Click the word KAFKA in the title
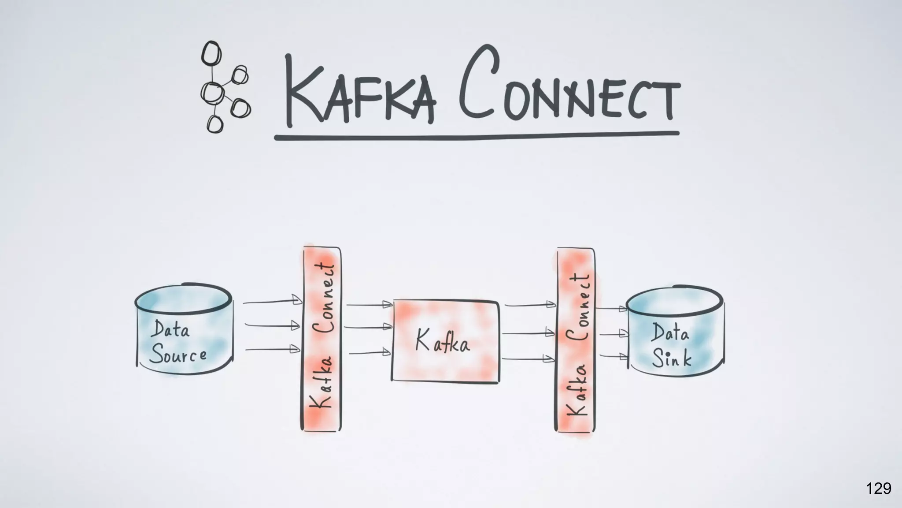(x=359, y=90)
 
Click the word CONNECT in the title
(x=568, y=84)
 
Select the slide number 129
(x=878, y=489)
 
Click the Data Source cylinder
(x=183, y=331)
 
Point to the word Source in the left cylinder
(x=178, y=355)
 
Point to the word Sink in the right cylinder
(x=671, y=358)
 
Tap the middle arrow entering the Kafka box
(x=368, y=327)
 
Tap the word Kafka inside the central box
(x=442, y=341)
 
